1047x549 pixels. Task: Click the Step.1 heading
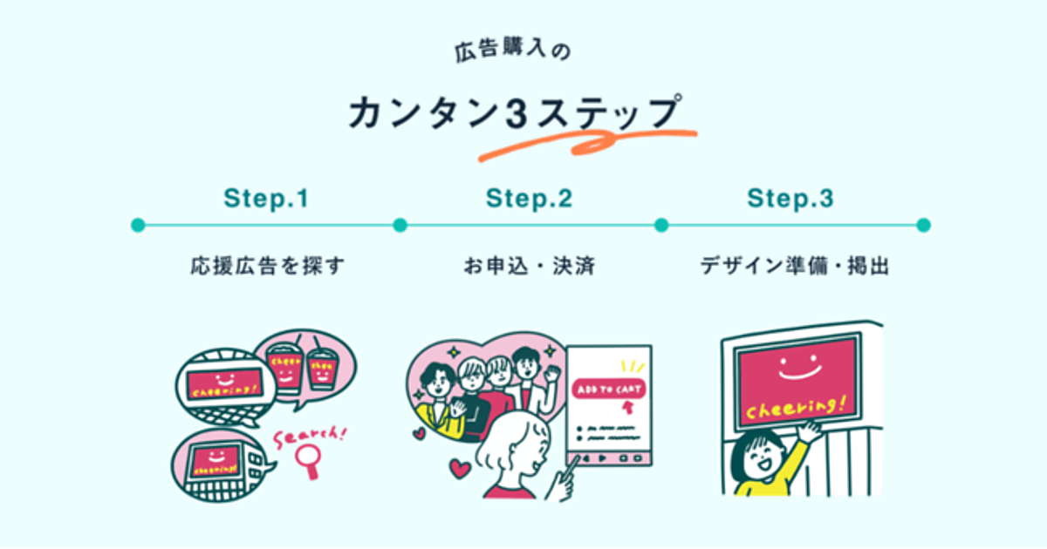pyautogui.click(x=266, y=199)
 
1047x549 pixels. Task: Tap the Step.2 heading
pyautogui.click(x=529, y=199)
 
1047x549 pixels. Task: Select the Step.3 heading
pyautogui.click(x=790, y=199)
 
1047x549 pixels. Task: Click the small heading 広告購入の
pyautogui.click(x=512, y=53)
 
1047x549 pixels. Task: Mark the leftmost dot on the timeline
pyautogui.click(x=137, y=225)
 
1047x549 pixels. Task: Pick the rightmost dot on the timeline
pyautogui.click(x=924, y=225)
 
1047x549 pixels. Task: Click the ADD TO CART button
pyautogui.click(x=608, y=389)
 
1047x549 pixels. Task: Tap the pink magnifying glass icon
pyautogui.click(x=308, y=457)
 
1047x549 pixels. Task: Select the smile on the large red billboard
pyautogui.click(x=795, y=367)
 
